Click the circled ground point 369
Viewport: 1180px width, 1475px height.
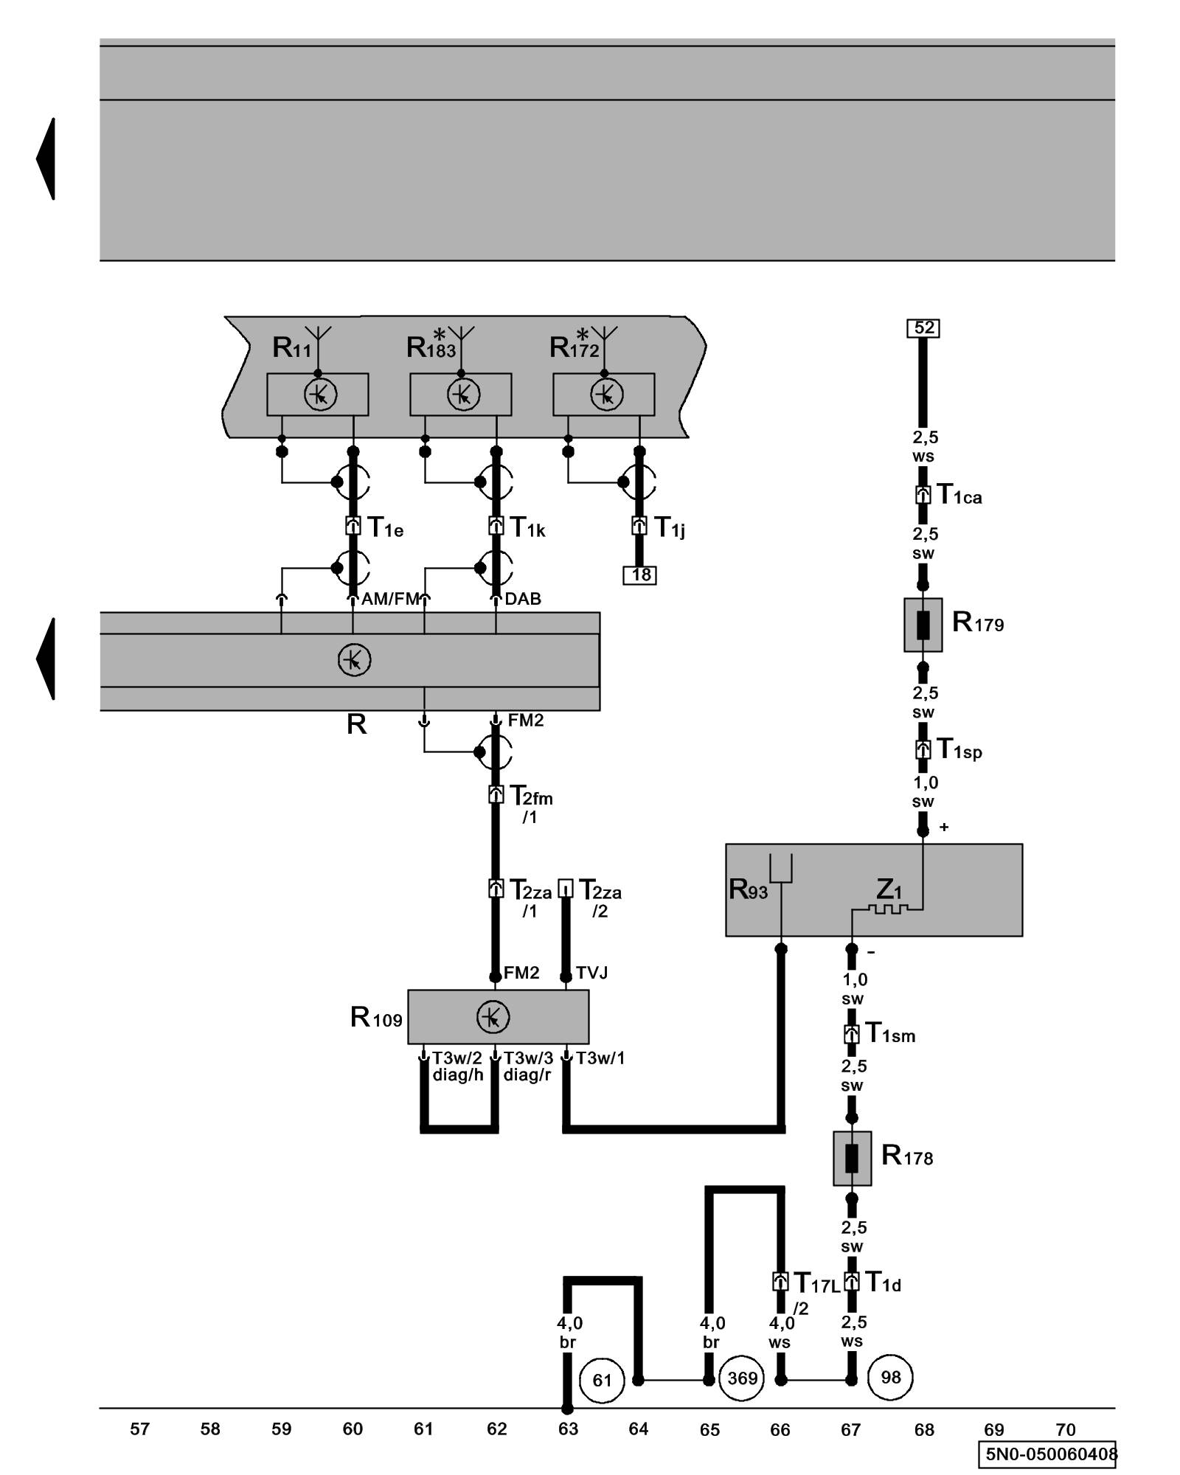[x=742, y=1378]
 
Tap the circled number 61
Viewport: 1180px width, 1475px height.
[x=602, y=1380]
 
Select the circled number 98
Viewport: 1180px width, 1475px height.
[x=890, y=1377]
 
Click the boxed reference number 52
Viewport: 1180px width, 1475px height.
[x=923, y=328]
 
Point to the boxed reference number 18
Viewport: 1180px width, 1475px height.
[x=639, y=575]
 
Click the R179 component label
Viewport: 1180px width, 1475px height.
[x=978, y=623]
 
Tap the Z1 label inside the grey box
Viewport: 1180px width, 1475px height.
[x=889, y=889]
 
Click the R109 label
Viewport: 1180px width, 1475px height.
[x=376, y=1018]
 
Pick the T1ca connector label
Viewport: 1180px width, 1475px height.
[x=959, y=495]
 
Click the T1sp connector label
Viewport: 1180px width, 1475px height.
[x=959, y=750]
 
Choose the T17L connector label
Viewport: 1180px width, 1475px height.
[x=816, y=1284]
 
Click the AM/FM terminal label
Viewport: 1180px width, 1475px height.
[x=390, y=599]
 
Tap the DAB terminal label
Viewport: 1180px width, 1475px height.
[x=523, y=599]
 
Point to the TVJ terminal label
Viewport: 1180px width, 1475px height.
[x=591, y=973]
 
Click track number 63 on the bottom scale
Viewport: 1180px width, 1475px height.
[x=568, y=1429]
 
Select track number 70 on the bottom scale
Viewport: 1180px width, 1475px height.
[x=1065, y=1429]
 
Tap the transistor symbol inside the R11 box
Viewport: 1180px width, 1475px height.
[x=320, y=395]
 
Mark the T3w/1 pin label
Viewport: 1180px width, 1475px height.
[x=600, y=1058]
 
